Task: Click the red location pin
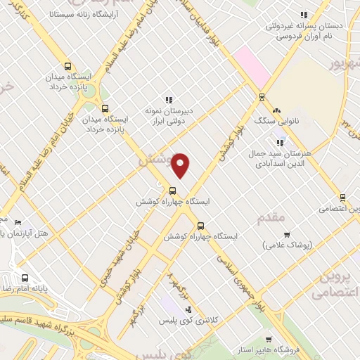pyautogui.click(x=181, y=165)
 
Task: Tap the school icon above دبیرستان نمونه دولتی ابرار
pyautogui.click(x=168, y=101)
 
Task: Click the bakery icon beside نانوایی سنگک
pyautogui.click(x=276, y=110)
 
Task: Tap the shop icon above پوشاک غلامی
pyautogui.click(x=286, y=234)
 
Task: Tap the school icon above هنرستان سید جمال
pyautogui.click(x=280, y=143)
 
